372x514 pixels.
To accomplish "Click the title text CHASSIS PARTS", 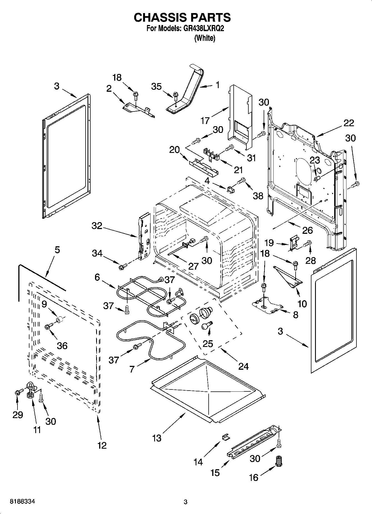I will pyautogui.click(x=182, y=17).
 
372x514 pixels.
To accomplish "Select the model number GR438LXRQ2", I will pyautogui.click(x=203, y=29).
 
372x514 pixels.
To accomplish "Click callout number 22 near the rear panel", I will pyautogui.click(x=349, y=123).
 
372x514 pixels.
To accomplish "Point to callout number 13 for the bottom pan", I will pyautogui.click(x=157, y=438).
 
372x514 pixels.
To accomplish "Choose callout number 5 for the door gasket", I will pyautogui.click(x=57, y=250).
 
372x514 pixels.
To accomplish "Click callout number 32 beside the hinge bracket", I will pyautogui.click(x=97, y=226).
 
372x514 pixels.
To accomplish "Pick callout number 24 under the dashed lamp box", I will pyautogui.click(x=243, y=366).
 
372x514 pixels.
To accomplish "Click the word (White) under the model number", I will pyautogui.click(x=204, y=38).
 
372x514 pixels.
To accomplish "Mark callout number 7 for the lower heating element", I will pyautogui.click(x=132, y=369).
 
